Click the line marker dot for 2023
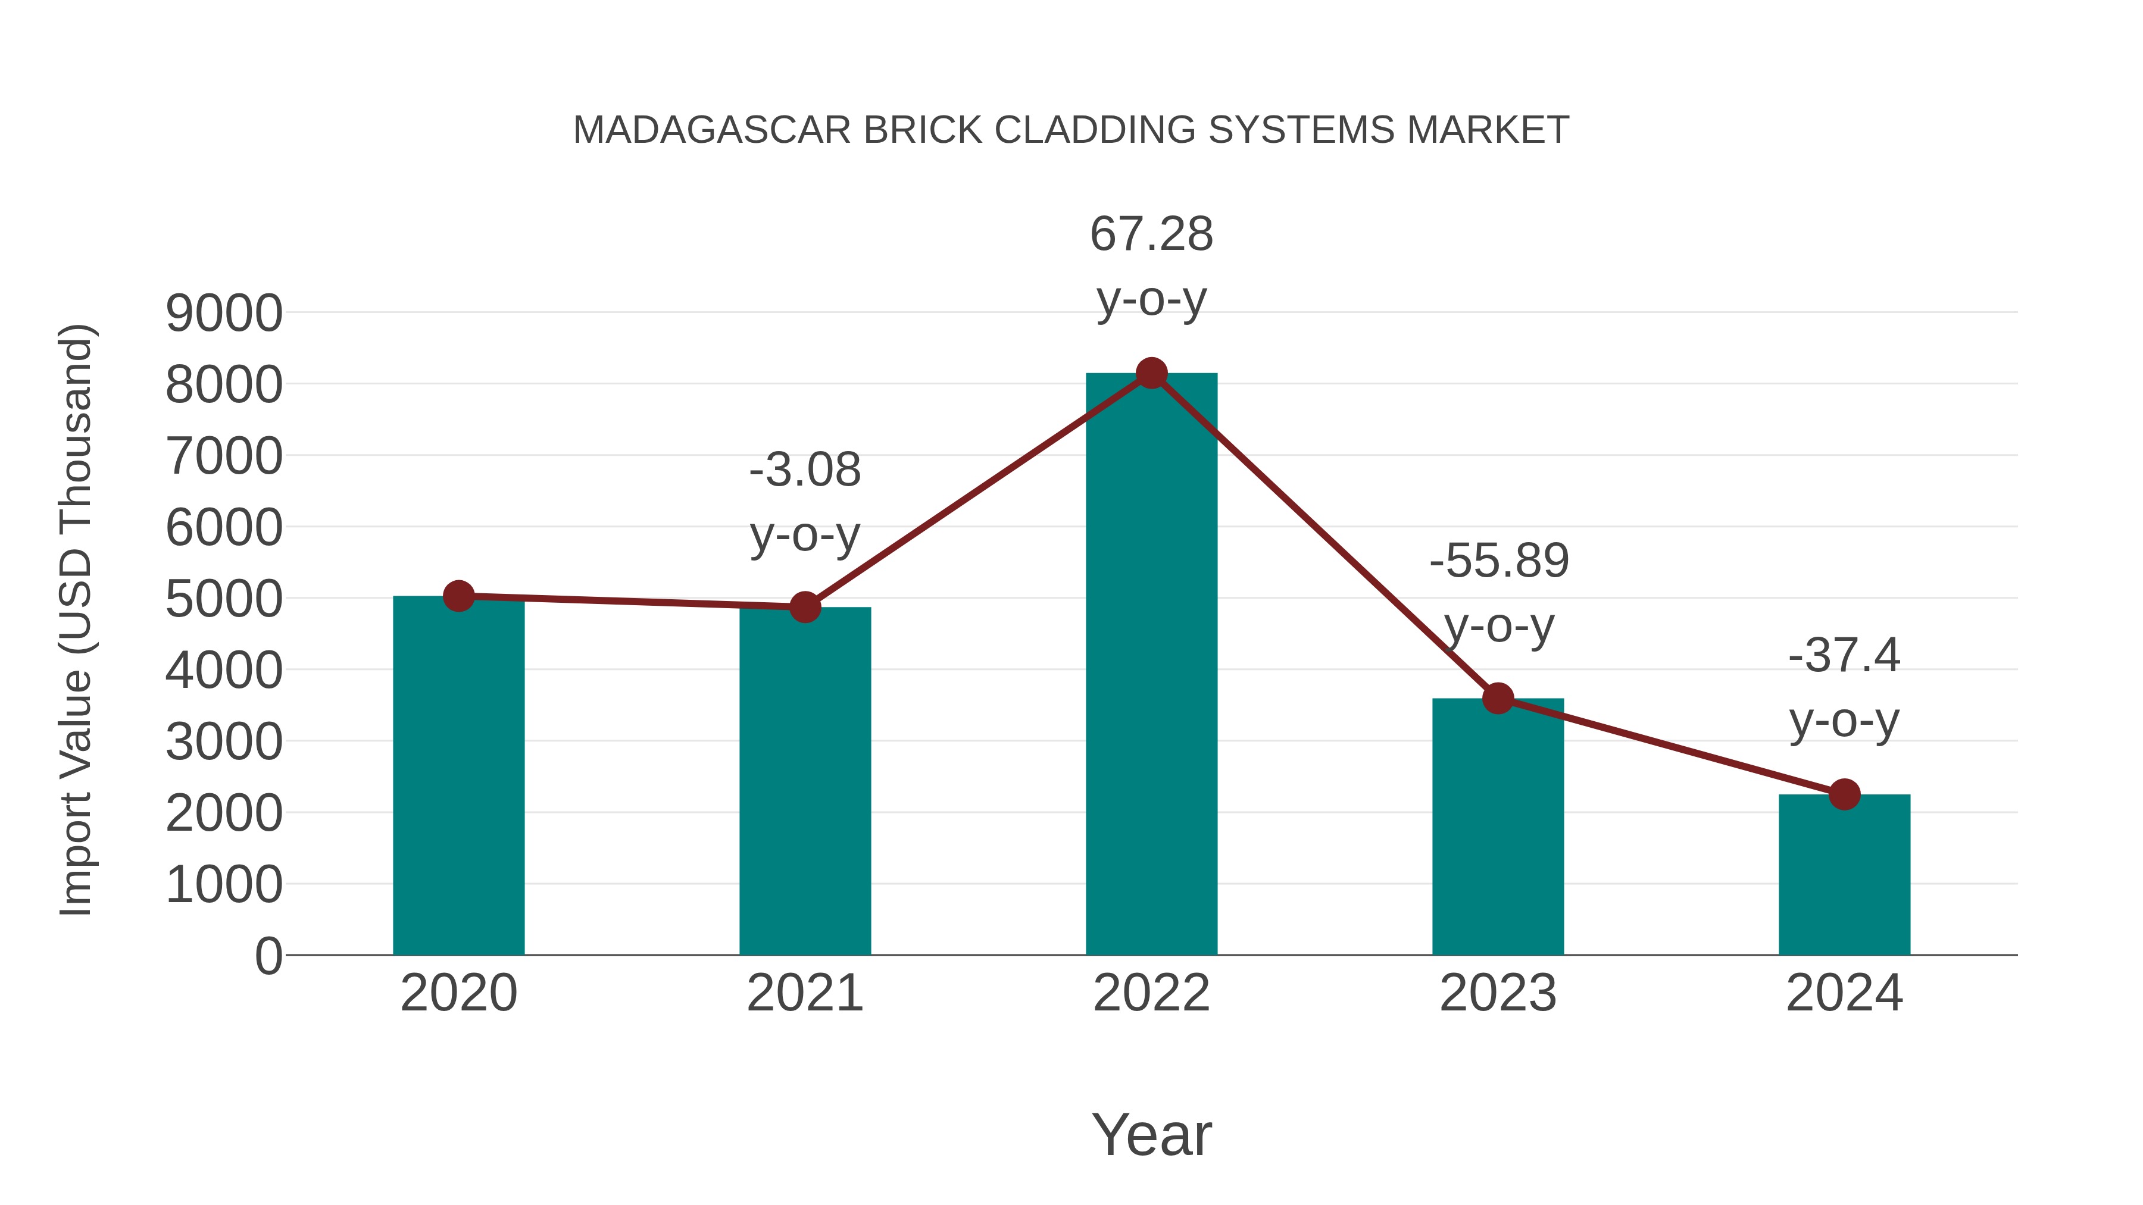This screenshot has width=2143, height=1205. click(1498, 698)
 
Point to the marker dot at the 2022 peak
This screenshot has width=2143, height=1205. click(1151, 373)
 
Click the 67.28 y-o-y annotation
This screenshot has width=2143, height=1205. click(1151, 266)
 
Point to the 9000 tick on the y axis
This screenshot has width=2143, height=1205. click(224, 314)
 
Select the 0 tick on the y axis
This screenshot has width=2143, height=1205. click(268, 956)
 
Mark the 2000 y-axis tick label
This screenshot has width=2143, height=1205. click(224, 813)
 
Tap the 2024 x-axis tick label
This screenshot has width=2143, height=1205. click(1844, 993)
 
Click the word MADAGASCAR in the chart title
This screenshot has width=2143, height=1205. click(712, 130)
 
